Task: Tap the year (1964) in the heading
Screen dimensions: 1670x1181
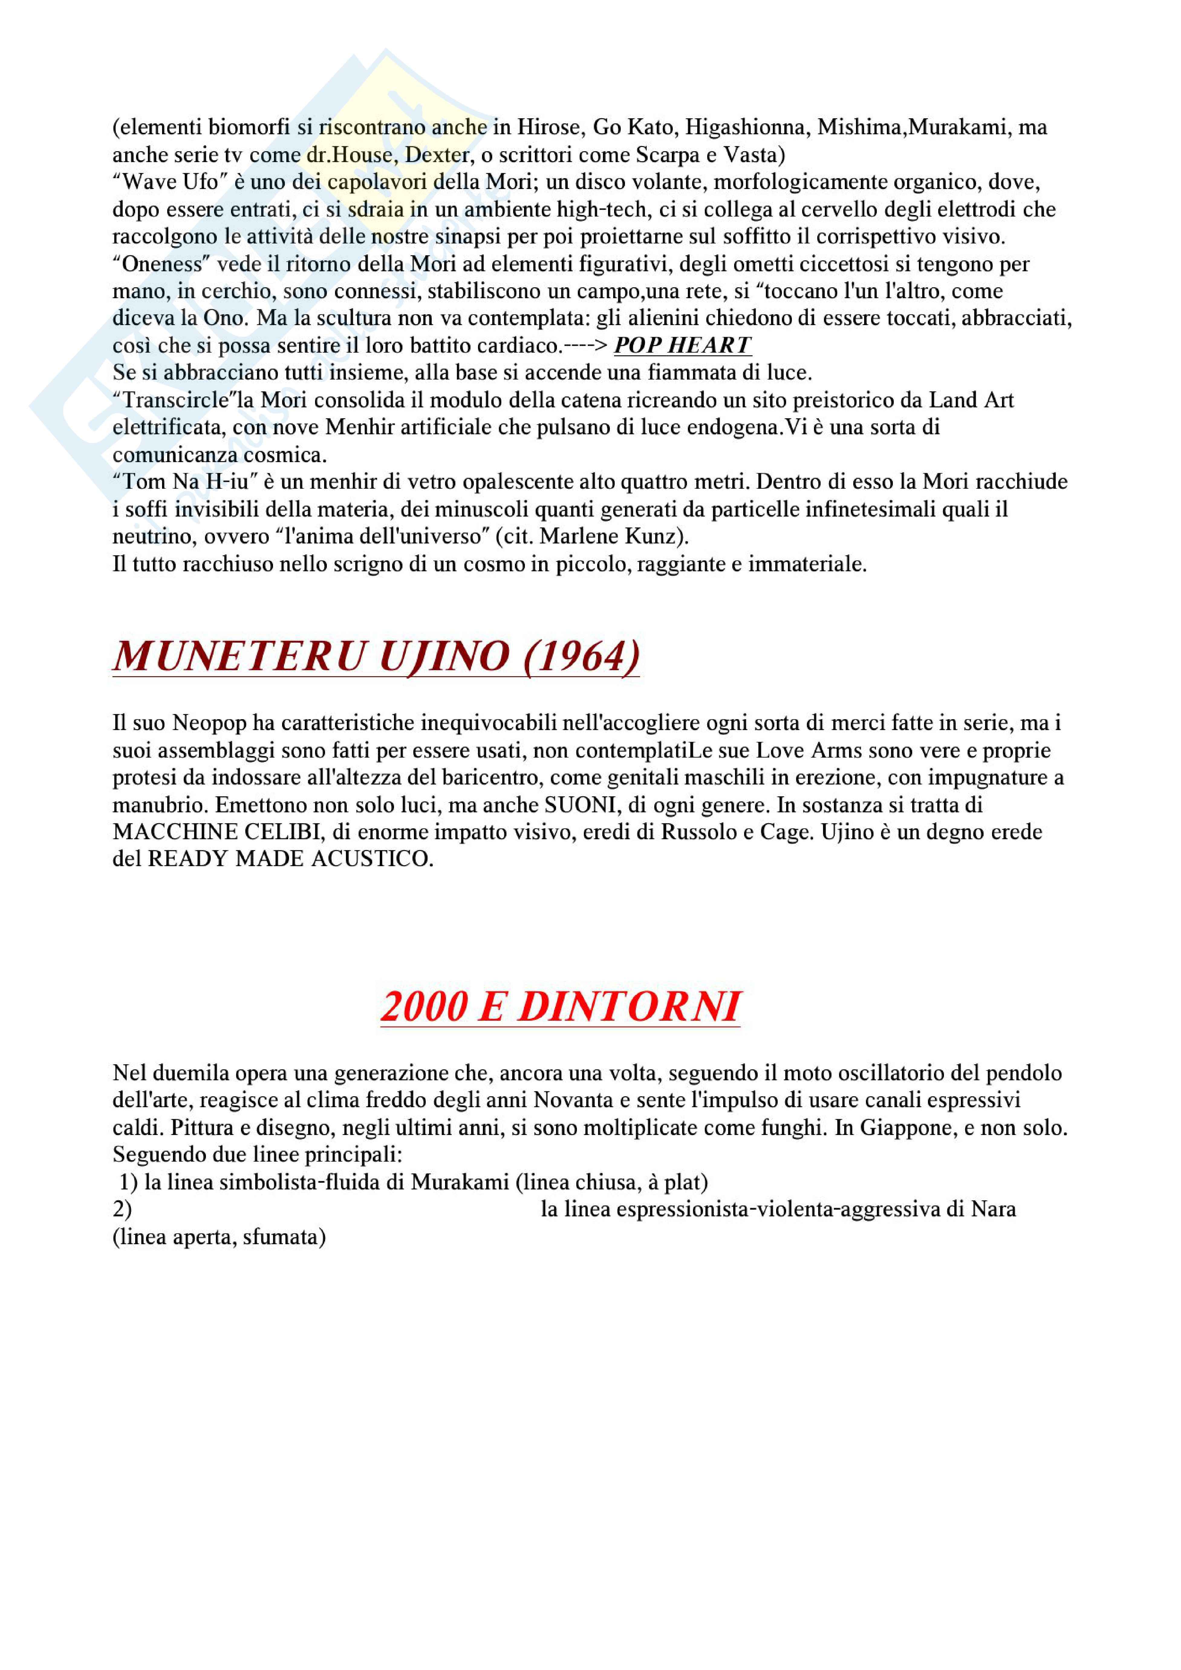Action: (x=582, y=656)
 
